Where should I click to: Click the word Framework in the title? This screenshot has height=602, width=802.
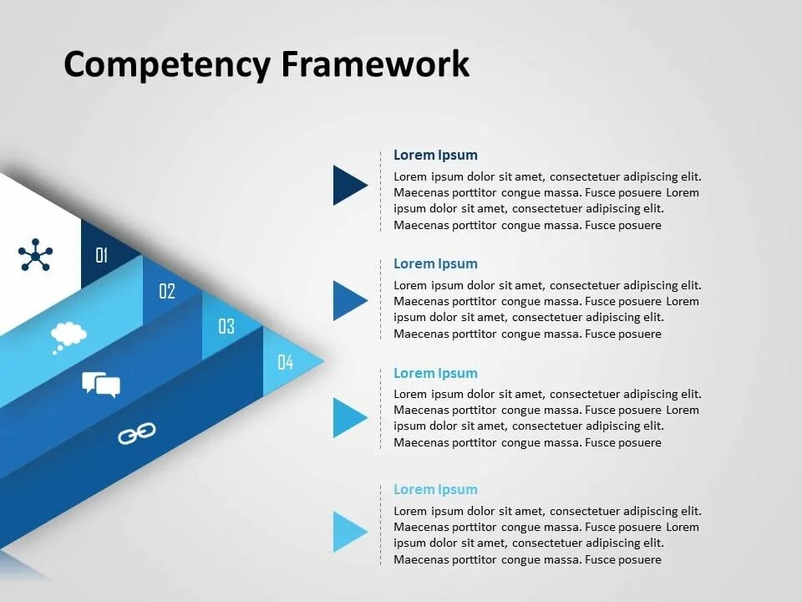point(375,64)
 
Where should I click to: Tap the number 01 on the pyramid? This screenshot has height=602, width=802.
point(102,255)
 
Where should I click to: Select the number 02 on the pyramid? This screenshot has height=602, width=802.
point(167,291)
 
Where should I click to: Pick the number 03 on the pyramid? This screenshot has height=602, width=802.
point(226,326)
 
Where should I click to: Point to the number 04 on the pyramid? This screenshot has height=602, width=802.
point(286,362)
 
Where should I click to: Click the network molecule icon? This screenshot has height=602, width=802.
point(35,255)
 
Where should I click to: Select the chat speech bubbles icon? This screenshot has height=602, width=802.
point(101,385)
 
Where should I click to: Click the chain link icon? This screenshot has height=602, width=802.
point(136,433)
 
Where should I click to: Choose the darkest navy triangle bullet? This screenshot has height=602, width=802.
point(348,185)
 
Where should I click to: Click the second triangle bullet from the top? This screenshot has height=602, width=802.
point(348,301)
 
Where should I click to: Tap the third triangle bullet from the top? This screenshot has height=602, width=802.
point(348,417)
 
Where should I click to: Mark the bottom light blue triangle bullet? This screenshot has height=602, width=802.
point(348,532)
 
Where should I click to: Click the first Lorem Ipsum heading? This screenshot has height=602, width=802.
point(435,155)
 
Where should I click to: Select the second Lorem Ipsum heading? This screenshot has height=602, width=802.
point(435,263)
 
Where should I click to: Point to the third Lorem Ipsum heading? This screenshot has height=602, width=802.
point(435,373)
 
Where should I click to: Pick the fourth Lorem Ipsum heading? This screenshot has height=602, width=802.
point(435,489)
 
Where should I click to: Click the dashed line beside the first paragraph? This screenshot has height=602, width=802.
point(381,192)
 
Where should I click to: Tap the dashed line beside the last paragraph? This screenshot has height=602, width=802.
point(381,527)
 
